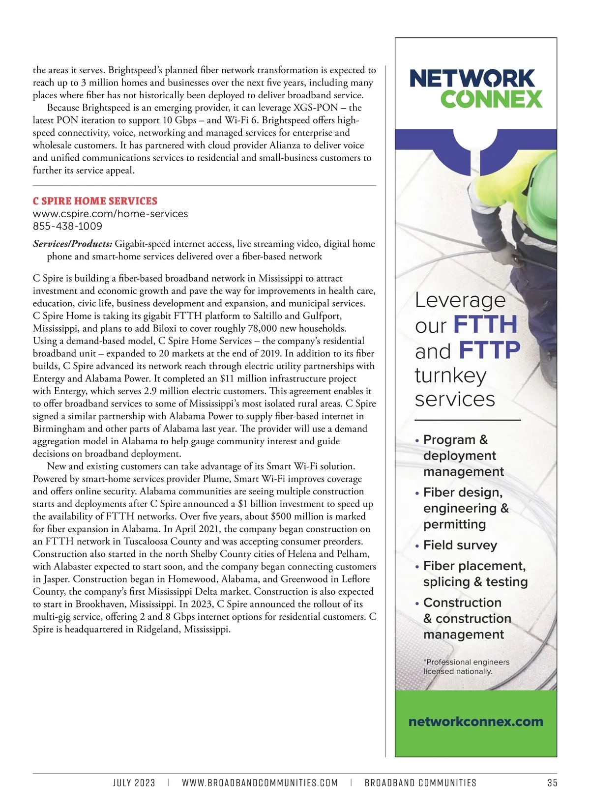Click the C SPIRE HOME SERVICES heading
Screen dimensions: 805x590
(x=95, y=201)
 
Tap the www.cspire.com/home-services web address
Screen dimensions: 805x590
(x=110, y=214)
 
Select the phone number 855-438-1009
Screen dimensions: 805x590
(x=67, y=226)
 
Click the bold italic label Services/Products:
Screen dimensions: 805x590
(x=73, y=244)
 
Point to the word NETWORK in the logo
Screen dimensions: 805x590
(x=472, y=79)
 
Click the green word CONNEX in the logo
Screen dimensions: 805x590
(x=491, y=99)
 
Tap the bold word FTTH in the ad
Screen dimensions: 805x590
(x=485, y=325)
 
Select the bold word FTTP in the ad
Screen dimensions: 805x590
(x=489, y=350)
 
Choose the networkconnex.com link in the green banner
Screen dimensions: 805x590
(x=475, y=721)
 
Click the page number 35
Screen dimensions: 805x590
(x=552, y=783)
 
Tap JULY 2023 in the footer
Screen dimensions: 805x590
(x=134, y=783)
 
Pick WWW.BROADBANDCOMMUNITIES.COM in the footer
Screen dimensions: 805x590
(x=260, y=783)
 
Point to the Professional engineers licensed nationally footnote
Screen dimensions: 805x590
(x=466, y=667)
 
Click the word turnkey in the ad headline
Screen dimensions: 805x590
(x=450, y=375)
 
